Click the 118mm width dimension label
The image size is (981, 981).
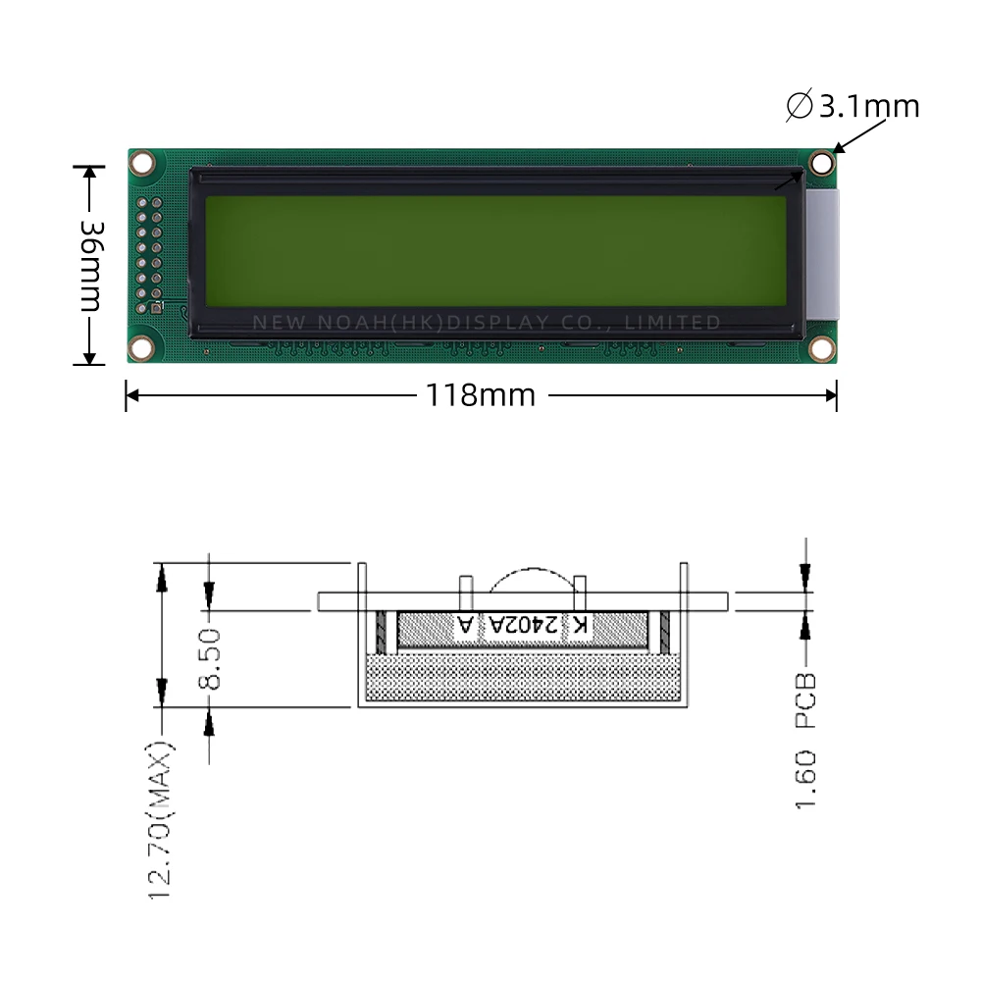pos(481,395)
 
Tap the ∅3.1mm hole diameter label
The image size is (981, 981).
pos(853,106)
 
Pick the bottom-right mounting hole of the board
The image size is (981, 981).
pos(821,348)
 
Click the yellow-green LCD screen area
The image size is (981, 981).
pos(495,252)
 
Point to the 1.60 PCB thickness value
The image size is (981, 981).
pos(806,780)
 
